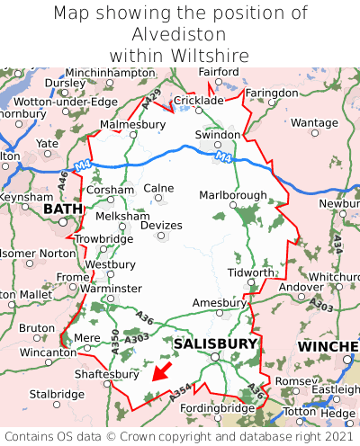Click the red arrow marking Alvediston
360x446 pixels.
pos(161,370)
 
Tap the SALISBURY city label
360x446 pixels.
pos(215,343)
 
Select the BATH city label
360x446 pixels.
pos(62,209)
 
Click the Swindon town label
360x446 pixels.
pos(218,135)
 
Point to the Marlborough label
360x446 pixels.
pos(232,195)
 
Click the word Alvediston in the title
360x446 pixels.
pos(180,34)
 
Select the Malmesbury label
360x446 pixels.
pos(132,124)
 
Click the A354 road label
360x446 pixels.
pos(180,389)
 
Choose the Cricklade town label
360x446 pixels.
pos(198,101)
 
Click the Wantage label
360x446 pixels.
pos(314,122)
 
